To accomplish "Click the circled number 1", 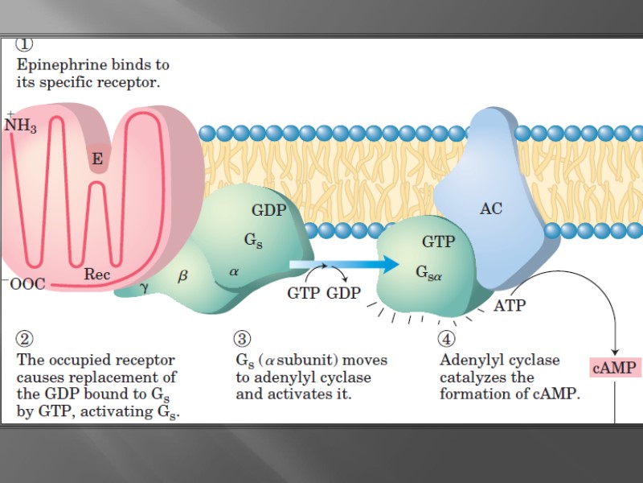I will point(25,45).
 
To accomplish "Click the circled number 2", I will point(25,339).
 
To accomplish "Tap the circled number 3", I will point(242,339).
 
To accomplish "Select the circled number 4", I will point(448,339).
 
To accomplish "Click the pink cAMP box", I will point(615,368).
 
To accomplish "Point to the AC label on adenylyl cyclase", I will point(491,208).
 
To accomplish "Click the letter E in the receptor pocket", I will point(97,159).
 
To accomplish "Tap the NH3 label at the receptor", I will point(21,126).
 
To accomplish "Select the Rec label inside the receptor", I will point(97,275).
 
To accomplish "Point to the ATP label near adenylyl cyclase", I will point(510,306).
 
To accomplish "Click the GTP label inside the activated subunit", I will point(438,242).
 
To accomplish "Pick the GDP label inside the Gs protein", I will point(268,211).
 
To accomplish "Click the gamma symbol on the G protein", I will point(145,286).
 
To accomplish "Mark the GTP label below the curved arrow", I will point(304,293).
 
